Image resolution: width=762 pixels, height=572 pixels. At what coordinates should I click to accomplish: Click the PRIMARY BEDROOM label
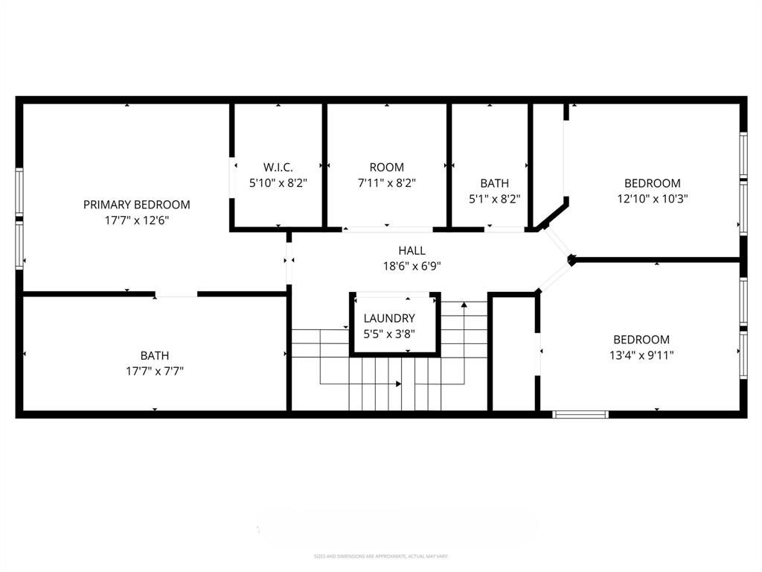[136, 204]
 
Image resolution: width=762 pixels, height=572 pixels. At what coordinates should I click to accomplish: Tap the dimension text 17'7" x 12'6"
[136, 220]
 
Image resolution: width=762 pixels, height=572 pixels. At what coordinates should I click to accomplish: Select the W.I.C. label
[278, 167]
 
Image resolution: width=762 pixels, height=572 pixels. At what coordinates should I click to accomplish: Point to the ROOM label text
[386, 167]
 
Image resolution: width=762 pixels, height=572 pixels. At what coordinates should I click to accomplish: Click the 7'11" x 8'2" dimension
[386, 183]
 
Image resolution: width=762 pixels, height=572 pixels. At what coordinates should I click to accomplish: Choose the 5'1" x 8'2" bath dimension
[494, 199]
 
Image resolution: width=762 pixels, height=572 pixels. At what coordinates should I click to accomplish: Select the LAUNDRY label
[389, 318]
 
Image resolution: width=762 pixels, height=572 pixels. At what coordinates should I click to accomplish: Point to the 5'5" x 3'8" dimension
[389, 334]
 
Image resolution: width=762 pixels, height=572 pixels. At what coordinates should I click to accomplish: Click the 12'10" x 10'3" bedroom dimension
[652, 199]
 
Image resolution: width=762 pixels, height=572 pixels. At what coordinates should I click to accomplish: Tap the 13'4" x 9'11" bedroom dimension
[641, 355]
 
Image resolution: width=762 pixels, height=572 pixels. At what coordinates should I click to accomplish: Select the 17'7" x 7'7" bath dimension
[155, 371]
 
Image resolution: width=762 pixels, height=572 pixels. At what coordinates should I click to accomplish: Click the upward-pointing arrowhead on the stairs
[464, 305]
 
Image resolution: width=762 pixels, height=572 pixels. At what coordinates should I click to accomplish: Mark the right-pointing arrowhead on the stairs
[398, 384]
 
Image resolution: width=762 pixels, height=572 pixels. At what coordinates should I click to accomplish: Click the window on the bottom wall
[580, 414]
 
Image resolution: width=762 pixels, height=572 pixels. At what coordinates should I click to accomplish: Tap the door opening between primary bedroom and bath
[176, 295]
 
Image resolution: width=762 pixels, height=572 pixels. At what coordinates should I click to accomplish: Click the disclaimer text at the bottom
[380, 556]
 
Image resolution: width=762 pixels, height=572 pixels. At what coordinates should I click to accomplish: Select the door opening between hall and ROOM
[386, 229]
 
